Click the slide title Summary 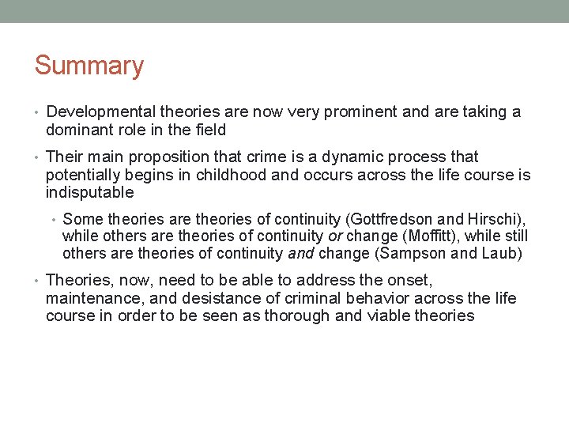[x=89, y=66]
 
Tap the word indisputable [x=90, y=192]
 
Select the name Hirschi [x=499, y=219]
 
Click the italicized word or [x=335, y=236]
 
